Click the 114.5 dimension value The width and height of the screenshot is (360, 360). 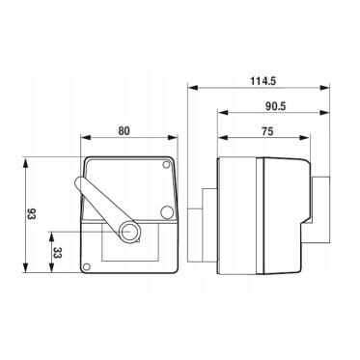[263, 81]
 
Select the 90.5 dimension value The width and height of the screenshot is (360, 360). [276, 106]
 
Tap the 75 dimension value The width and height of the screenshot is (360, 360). [267, 131]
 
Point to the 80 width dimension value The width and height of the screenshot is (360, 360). [124, 131]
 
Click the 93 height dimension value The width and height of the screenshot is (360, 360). [31, 214]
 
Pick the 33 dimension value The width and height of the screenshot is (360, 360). [57, 253]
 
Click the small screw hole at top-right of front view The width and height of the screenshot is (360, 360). [166, 165]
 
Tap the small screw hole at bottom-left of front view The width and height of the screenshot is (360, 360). [86, 266]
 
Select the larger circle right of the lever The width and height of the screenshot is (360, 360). [167, 212]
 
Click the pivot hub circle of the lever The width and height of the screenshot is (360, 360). [129, 232]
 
